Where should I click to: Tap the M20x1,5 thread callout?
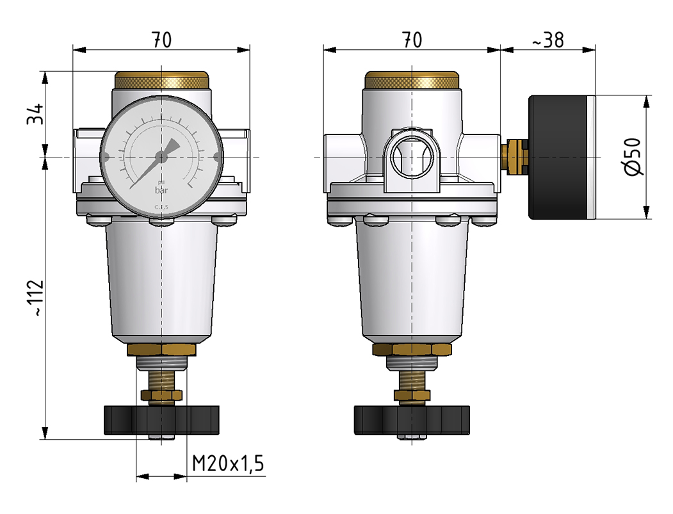click(229, 463)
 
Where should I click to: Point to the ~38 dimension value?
click(547, 40)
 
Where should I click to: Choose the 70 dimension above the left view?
click(161, 40)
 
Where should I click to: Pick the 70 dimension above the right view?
click(412, 40)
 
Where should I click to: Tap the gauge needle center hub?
click(161, 156)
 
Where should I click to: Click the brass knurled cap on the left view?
click(161, 81)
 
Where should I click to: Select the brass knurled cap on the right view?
click(412, 81)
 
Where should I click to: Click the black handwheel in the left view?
click(161, 420)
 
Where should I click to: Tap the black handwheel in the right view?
click(412, 420)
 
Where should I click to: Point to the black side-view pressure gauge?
click(560, 157)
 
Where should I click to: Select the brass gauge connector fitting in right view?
click(513, 157)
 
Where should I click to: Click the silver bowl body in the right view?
click(412, 282)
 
